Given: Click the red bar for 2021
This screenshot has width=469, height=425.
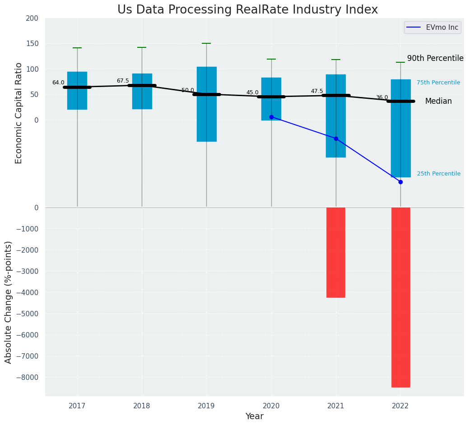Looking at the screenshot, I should point(336,252).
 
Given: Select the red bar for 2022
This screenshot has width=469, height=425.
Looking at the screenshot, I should point(400,297).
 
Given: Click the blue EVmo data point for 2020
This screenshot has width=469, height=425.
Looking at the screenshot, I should point(271,117).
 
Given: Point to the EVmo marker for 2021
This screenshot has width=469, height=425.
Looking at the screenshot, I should point(336,139).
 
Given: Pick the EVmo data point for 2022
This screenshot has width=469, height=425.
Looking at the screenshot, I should point(400,182).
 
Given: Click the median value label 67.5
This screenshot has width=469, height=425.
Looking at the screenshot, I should point(123,81).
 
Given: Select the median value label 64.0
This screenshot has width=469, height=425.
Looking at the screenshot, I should point(58,83).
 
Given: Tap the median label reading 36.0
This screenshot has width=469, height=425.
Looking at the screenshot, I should point(382,97).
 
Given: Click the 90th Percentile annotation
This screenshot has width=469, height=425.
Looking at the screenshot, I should point(435,59).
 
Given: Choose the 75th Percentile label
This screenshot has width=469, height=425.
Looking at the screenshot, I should point(438,83).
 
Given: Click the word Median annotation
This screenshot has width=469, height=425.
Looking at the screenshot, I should point(438,102).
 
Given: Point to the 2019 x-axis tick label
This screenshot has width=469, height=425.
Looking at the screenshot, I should point(206,407).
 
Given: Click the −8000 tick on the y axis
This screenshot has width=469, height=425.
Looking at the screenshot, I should point(28,378).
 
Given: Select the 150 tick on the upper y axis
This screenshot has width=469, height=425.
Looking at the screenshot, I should point(32,44).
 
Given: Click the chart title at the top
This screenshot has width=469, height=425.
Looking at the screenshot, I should point(247,10).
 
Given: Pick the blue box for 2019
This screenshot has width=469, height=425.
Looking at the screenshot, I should point(207,104).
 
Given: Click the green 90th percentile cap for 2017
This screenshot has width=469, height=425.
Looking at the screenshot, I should point(77,48).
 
